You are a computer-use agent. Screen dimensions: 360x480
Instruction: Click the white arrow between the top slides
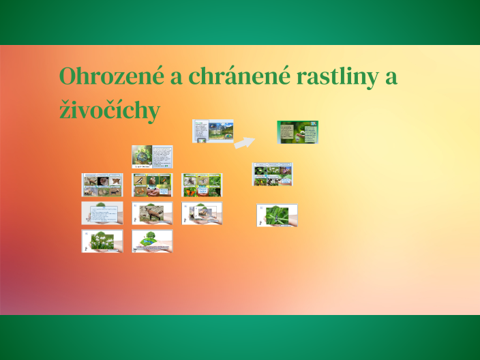(243, 142)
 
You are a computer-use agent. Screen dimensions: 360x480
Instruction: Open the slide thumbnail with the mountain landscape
(213, 132)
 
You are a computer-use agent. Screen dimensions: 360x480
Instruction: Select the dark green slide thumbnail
(297, 132)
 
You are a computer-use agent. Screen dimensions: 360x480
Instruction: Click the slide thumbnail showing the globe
(152, 157)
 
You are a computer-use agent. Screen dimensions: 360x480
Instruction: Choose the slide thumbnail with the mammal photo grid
(102, 184)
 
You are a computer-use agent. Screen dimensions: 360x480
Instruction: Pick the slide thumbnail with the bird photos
(152, 184)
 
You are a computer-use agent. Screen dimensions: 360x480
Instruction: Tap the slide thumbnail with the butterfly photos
(202, 184)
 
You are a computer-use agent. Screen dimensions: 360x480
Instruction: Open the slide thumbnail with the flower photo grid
(273, 174)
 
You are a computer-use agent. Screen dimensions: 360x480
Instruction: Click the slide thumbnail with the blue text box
(102, 213)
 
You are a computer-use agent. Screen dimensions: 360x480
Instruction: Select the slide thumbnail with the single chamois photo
(152, 213)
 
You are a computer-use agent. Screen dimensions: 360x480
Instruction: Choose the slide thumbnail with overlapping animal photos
(202, 213)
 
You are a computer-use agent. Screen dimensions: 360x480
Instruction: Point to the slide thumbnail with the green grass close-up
(277, 215)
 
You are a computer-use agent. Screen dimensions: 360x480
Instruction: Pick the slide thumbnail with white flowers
(102, 241)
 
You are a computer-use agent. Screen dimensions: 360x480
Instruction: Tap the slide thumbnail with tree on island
(152, 241)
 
